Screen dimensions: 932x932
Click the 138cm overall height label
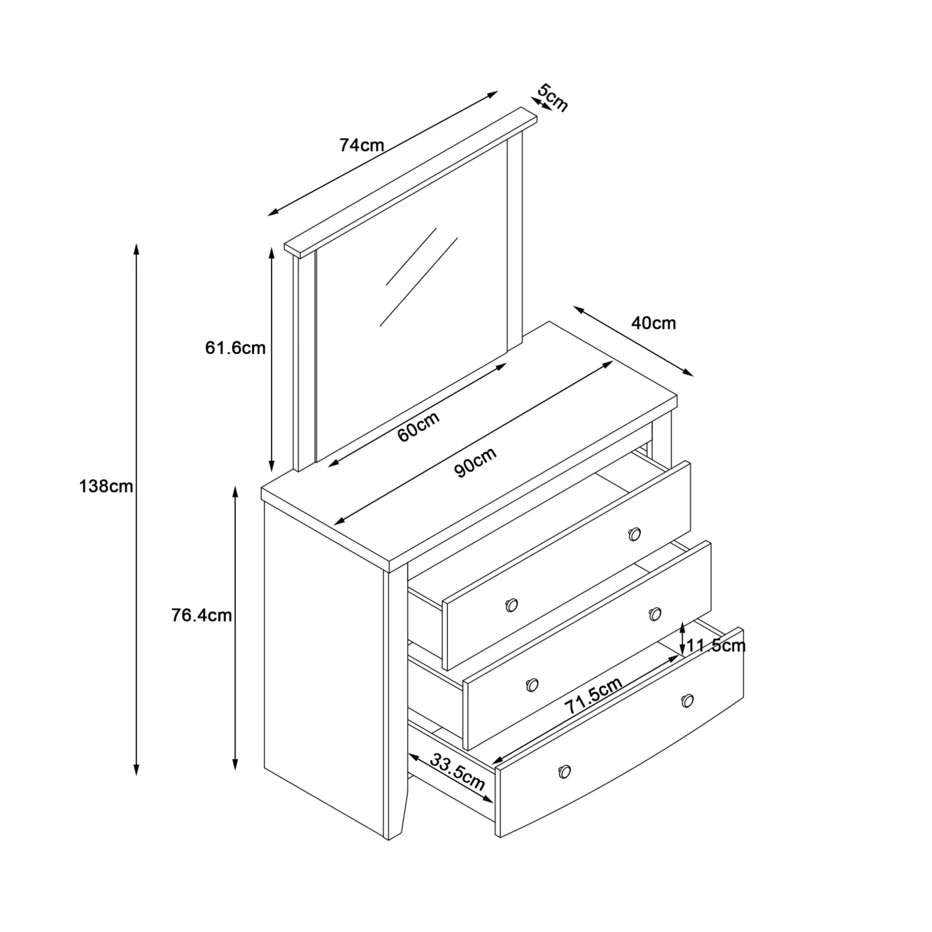click(x=106, y=486)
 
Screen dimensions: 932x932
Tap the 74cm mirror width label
click(x=361, y=145)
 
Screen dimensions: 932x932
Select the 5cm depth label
click(x=553, y=97)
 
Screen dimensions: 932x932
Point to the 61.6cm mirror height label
click(x=235, y=348)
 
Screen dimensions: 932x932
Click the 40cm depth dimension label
click(x=653, y=323)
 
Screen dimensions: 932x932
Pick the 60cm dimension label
click(x=418, y=426)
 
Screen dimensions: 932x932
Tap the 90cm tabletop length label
click(x=475, y=462)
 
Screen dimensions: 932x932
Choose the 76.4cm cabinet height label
click(x=202, y=615)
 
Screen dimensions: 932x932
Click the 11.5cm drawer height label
click(x=716, y=645)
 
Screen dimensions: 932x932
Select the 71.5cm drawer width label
click(x=593, y=696)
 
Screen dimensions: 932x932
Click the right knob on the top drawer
click(x=634, y=534)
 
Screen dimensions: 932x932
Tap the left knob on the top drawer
click(x=512, y=605)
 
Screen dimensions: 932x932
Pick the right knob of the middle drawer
click(x=654, y=613)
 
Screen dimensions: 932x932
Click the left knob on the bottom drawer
click(x=564, y=771)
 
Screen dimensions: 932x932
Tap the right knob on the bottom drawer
click(x=688, y=700)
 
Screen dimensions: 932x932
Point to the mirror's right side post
click(x=515, y=241)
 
